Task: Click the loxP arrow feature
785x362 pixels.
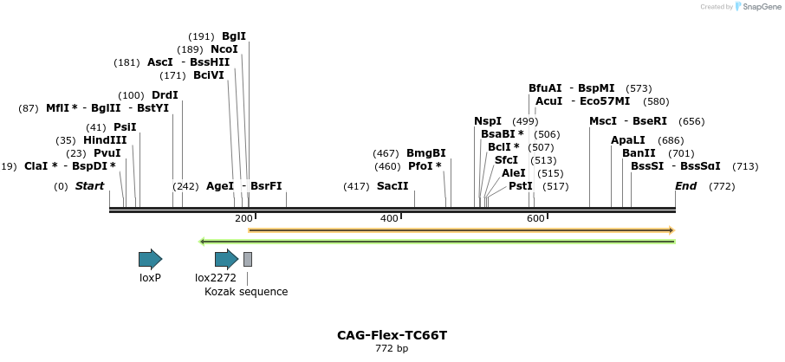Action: click(x=150, y=259)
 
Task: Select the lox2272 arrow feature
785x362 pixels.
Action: click(x=226, y=259)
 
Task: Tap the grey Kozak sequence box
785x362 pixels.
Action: click(x=248, y=259)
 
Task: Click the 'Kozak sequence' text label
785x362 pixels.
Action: click(x=246, y=292)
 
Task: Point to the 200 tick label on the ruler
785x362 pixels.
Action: click(x=243, y=218)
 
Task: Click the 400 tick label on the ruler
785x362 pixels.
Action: click(x=389, y=218)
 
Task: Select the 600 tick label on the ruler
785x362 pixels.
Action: click(x=535, y=218)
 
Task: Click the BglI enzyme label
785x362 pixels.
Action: click(x=234, y=36)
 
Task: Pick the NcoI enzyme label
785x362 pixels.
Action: click(x=224, y=49)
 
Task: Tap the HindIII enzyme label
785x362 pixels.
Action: click(x=105, y=140)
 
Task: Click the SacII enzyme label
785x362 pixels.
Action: click(x=392, y=186)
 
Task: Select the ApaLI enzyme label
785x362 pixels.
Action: click(x=628, y=140)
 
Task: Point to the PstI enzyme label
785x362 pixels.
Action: click(x=520, y=186)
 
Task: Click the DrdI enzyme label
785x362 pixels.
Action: click(x=165, y=95)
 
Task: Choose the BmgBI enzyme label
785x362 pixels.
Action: click(x=426, y=153)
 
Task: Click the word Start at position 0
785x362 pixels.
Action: click(x=89, y=186)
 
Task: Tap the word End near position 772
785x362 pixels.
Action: click(x=685, y=186)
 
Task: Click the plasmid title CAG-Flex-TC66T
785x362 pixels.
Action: click(x=392, y=335)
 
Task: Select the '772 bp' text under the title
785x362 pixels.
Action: click(x=392, y=349)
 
